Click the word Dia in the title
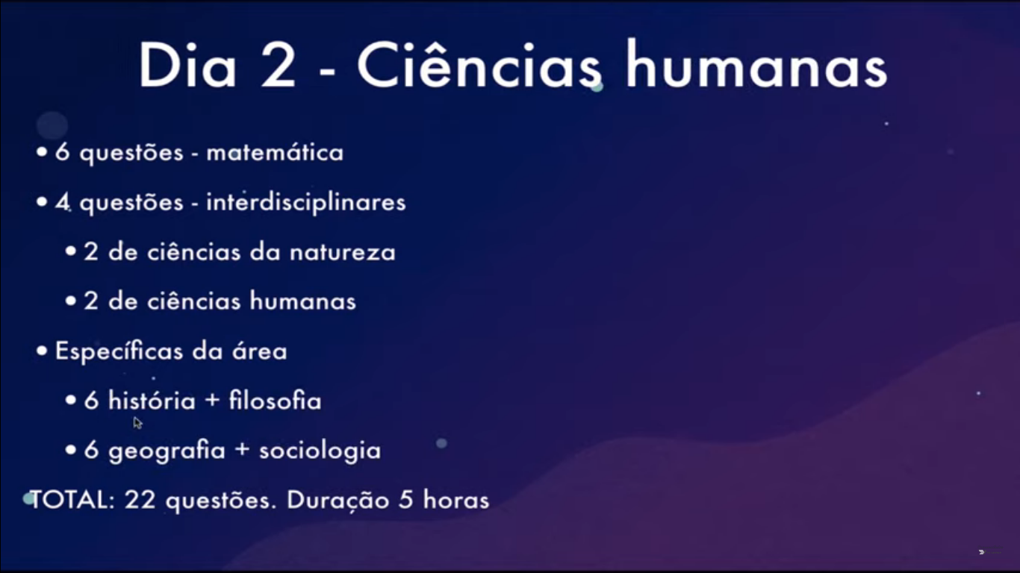pos(187,65)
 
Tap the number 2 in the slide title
pos(278,66)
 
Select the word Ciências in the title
pos(479,65)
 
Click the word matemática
pos(275,152)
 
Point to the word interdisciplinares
pos(305,202)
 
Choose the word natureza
pos(343,253)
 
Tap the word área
pos(260,351)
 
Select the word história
pos(152,401)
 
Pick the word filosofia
pos(275,401)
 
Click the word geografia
pos(167,451)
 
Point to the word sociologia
pos(320,451)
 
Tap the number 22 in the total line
pos(140,500)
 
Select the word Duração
pos(338,501)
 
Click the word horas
pos(455,500)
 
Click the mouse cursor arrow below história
pos(137,423)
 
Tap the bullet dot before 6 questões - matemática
pos(42,152)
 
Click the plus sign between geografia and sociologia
pos(242,450)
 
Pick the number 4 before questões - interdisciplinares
pos(62,202)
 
